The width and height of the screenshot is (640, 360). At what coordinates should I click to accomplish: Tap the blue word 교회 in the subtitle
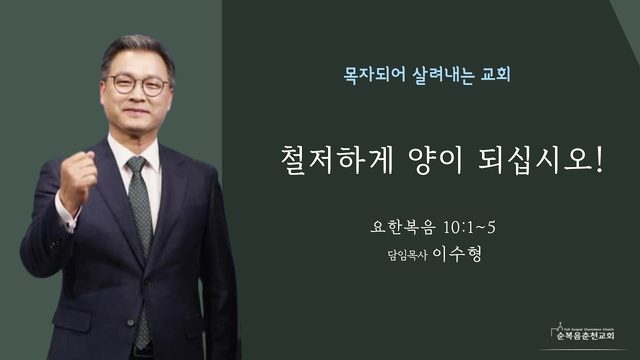(496, 75)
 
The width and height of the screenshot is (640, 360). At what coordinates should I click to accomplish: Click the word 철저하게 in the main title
(336, 160)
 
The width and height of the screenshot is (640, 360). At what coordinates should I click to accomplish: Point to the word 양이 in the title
(435, 160)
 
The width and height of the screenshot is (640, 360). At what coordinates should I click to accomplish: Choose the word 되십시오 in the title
(534, 160)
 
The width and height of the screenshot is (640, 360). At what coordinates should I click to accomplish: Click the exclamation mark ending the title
(599, 159)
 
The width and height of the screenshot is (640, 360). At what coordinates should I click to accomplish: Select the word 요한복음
(402, 227)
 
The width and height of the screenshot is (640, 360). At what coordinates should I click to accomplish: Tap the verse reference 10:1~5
(469, 227)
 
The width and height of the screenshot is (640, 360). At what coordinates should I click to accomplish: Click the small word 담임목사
(407, 255)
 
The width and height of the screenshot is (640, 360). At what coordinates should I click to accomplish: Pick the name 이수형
(457, 253)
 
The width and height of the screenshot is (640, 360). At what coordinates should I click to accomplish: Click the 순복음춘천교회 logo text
(586, 336)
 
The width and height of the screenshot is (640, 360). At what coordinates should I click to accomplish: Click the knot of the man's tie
(136, 164)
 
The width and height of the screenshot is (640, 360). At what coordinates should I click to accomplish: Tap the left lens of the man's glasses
(123, 84)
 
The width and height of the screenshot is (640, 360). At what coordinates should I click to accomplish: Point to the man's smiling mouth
(136, 111)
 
